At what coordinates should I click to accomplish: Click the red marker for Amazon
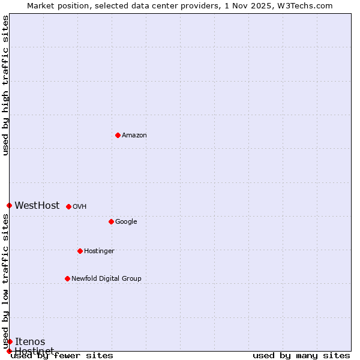tap(118, 135)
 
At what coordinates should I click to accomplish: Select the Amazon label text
tap(134, 136)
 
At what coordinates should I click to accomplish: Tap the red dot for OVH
tap(68, 206)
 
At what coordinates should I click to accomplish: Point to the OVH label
tap(80, 207)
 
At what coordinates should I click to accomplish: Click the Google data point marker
tap(111, 221)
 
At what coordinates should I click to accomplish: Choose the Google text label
tap(126, 222)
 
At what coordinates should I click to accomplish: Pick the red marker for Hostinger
tap(80, 251)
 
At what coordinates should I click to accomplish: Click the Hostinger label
tap(99, 251)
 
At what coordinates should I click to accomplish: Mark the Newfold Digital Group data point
tap(67, 278)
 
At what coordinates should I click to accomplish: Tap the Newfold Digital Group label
tap(106, 278)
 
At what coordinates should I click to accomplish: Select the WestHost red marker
tap(9, 205)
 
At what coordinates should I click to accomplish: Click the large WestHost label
tap(37, 206)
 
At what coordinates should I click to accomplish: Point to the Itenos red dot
tap(10, 341)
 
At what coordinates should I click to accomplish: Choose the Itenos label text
tap(30, 342)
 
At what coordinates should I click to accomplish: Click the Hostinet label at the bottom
tap(34, 350)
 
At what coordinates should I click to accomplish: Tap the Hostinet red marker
tap(9, 351)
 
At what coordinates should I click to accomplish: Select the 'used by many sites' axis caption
tap(301, 356)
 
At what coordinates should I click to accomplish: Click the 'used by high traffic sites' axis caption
tap(5, 85)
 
